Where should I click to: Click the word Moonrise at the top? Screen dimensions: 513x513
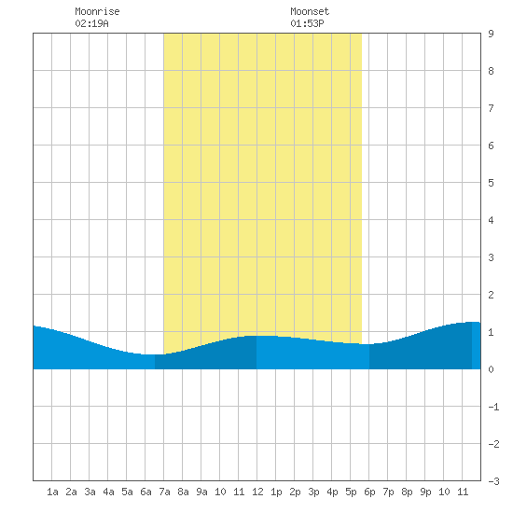click(97, 11)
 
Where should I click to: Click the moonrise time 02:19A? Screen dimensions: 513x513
click(92, 23)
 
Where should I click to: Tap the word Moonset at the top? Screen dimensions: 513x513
click(310, 11)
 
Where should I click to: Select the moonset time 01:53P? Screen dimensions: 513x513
click(307, 23)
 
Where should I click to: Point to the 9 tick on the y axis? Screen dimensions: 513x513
click(491, 34)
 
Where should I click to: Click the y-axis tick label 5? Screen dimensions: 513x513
click(491, 183)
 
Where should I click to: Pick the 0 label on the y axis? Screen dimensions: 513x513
click(491, 369)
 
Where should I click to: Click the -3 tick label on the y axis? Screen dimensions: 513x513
click(493, 481)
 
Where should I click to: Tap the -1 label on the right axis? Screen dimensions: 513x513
click(493, 407)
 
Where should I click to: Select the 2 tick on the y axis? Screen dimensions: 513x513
click(491, 295)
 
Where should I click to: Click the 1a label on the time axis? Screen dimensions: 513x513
click(52, 492)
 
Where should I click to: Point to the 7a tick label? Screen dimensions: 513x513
click(164, 492)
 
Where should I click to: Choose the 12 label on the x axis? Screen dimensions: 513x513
click(257, 492)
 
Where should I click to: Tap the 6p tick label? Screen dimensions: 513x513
click(369, 492)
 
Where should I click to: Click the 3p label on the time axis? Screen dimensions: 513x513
click(313, 492)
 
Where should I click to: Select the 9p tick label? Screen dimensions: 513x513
click(425, 492)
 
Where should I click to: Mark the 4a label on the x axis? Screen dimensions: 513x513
click(108, 492)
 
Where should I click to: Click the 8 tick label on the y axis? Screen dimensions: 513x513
click(491, 71)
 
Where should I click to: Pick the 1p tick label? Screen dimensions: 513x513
click(276, 492)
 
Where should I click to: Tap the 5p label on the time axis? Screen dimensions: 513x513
click(351, 492)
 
